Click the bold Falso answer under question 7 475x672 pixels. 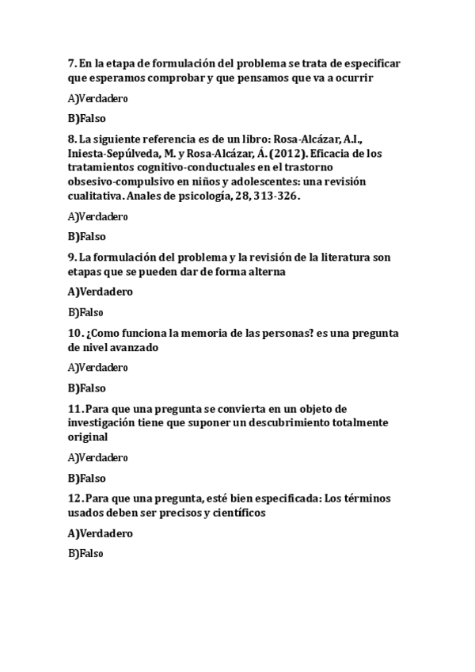87,119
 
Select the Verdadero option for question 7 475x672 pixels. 98,99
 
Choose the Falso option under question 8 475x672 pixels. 87,236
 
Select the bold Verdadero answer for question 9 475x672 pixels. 100,292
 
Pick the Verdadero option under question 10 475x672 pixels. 98,368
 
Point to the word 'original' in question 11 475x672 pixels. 87,437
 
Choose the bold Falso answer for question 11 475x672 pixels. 87,478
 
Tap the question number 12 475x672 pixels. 74,498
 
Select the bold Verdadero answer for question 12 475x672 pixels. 100,533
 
